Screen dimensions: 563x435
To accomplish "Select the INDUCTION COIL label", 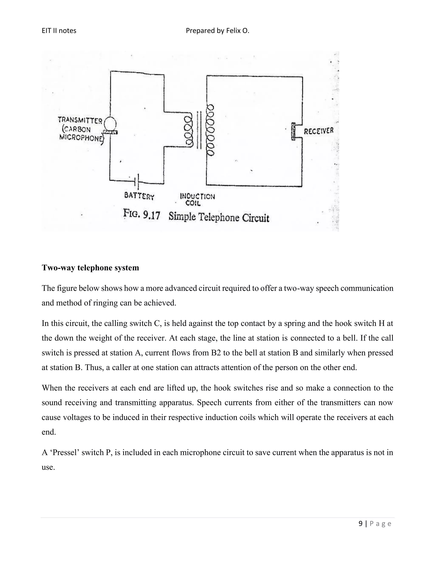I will [197, 199].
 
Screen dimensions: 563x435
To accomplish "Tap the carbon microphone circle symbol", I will [110, 124].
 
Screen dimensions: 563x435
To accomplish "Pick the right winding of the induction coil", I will [210, 130].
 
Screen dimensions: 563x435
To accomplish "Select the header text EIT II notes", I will [59, 31].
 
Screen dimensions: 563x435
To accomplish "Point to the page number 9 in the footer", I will [360, 523].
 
